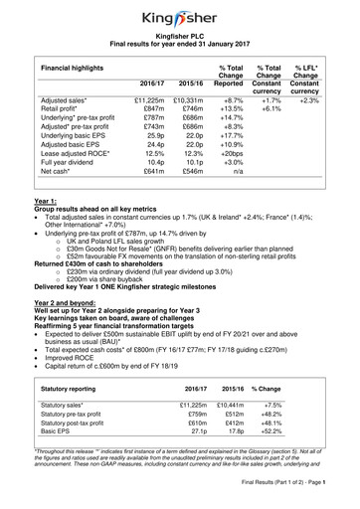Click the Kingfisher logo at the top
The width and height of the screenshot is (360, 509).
pos(180,17)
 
